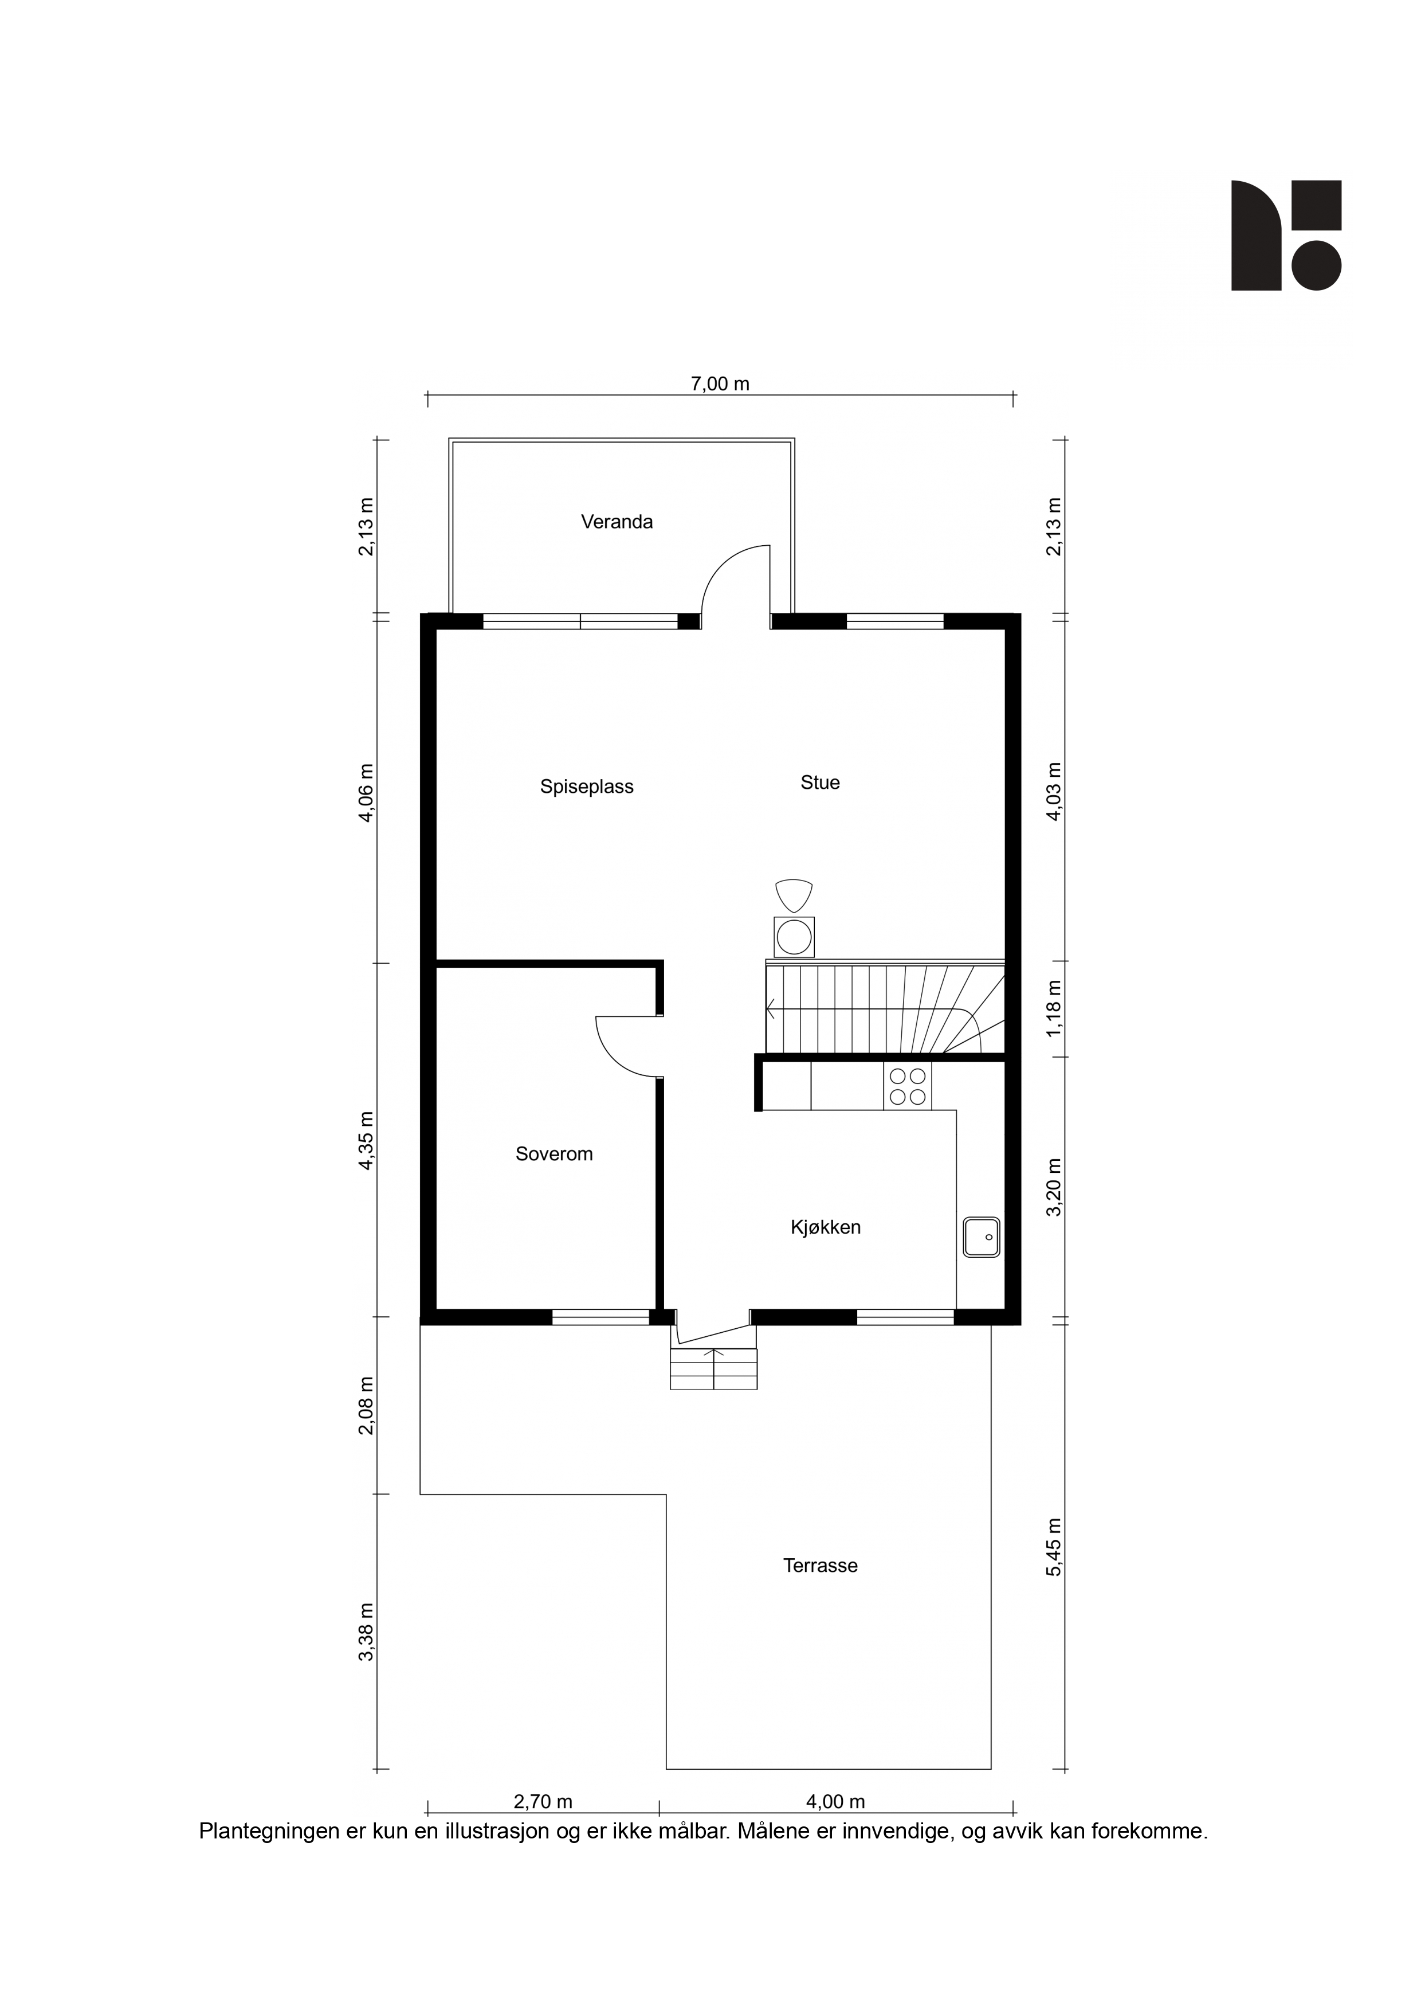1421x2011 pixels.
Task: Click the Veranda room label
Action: pos(617,522)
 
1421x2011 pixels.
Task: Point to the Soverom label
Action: pos(554,1153)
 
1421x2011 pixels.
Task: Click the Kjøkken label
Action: pos(826,1227)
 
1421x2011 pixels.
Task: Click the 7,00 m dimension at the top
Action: pos(720,384)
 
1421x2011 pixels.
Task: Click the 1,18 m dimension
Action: pos(1054,1009)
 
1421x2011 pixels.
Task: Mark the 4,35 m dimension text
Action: pos(367,1140)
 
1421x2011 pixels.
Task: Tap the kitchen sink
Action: pos(982,1237)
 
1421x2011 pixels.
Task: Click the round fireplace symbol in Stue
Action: pos(794,936)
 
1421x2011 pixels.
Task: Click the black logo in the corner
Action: pos(1286,236)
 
